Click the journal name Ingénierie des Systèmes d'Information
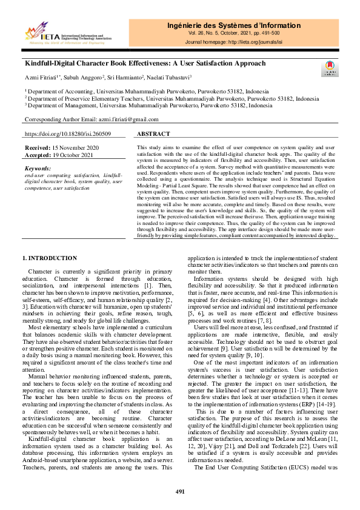(233, 25)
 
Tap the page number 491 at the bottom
(180, 491)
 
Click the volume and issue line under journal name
(233, 34)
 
